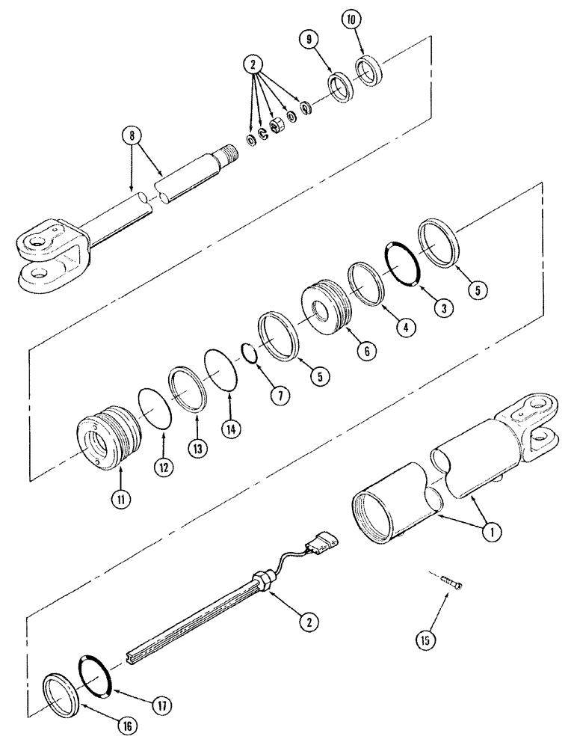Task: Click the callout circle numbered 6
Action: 362,349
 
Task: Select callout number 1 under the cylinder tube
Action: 490,532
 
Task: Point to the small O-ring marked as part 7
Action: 251,352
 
